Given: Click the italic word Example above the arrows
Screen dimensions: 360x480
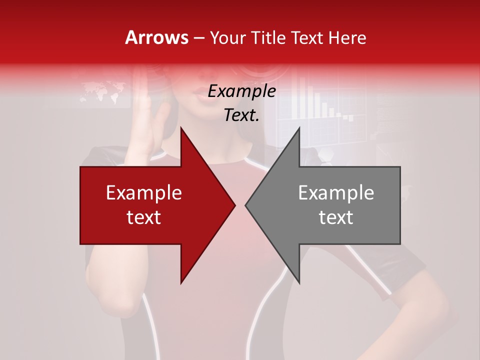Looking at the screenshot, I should point(241,91).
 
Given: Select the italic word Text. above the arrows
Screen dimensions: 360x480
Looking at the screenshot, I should point(241,115).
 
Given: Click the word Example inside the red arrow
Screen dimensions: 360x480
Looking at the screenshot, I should point(144,193).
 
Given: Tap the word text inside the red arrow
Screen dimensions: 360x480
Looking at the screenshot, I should point(144,217).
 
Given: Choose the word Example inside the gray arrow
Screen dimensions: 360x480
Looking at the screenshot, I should point(336,193).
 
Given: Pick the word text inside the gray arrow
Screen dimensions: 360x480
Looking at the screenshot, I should point(336,217).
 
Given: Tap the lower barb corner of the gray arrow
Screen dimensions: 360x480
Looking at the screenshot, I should point(299,282).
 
